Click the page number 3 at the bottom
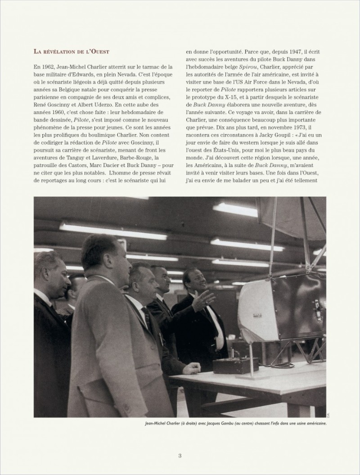coord(180,455)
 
